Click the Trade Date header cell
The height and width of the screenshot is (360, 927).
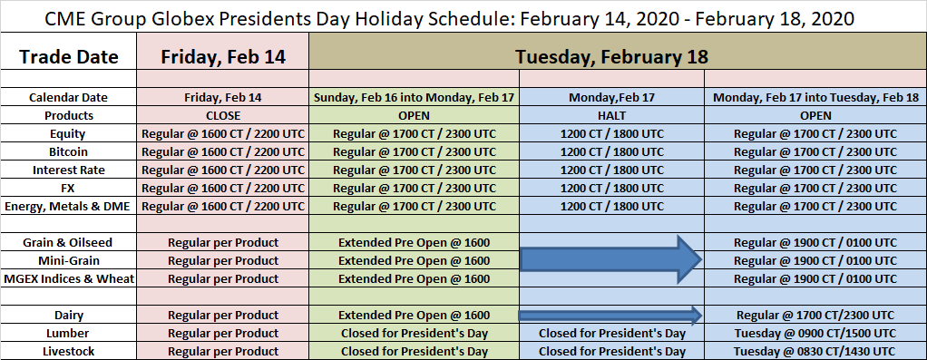click(x=69, y=57)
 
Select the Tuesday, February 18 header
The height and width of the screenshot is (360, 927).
click(x=611, y=57)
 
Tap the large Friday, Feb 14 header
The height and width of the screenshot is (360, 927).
click(x=223, y=57)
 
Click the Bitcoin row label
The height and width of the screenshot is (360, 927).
click(x=69, y=152)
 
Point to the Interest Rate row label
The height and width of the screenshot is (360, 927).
click(x=69, y=170)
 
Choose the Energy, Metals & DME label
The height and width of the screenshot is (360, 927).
click(x=69, y=207)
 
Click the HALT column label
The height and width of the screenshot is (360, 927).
click(x=611, y=116)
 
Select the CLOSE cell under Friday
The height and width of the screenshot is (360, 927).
click(x=223, y=116)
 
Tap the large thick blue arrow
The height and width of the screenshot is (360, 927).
click(x=610, y=259)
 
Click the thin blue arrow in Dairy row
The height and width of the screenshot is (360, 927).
click(x=610, y=315)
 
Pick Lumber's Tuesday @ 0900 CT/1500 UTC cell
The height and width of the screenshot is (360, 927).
click(x=815, y=334)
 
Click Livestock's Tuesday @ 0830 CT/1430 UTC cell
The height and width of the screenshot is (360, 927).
click(x=815, y=352)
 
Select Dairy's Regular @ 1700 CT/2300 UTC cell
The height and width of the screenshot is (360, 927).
click(x=815, y=315)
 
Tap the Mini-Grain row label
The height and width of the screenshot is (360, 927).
click(x=69, y=260)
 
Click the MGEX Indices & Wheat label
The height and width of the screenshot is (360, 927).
click(x=69, y=279)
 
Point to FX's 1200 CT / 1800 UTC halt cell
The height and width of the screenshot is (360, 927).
click(x=611, y=188)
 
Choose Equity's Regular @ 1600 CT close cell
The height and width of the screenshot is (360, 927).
click(x=223, y=133)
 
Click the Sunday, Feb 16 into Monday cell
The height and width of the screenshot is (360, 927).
click(x=414, y=98)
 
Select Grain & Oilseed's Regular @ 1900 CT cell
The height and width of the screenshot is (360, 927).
click(x=815, y=243)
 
